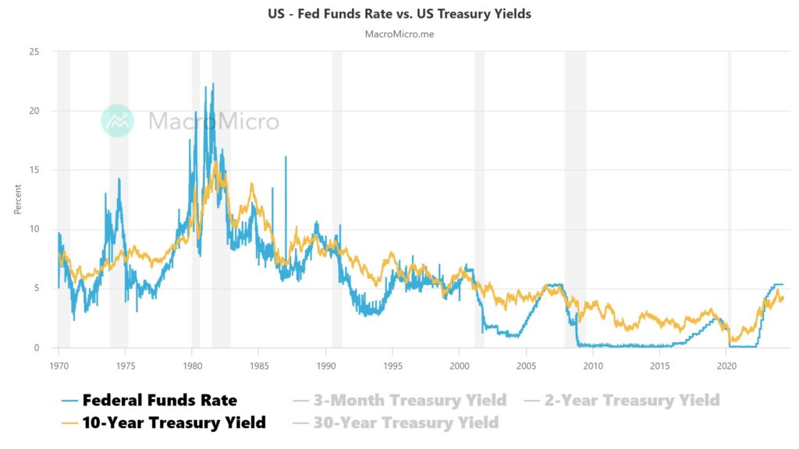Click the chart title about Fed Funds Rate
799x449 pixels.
pos(399,14)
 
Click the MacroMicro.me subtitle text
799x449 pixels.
pos(399,34)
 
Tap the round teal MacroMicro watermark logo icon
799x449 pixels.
pos(118,121)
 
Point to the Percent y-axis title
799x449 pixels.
pos(17,200)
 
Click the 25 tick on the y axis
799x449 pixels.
pos(34,51)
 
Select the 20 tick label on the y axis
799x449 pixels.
pos(34,111)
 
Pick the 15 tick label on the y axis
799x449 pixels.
pos(34,170)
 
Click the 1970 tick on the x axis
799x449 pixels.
pos(59,364)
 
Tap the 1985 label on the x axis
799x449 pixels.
pos(259,364)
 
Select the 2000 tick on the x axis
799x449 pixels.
pos(460,364)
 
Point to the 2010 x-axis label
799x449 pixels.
pos(593,364)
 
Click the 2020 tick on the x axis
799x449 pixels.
pos(726,364)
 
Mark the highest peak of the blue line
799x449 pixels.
pos(213,84)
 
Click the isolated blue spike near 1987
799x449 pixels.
pos(286,157)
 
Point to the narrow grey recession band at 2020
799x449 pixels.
pos(730,195)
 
